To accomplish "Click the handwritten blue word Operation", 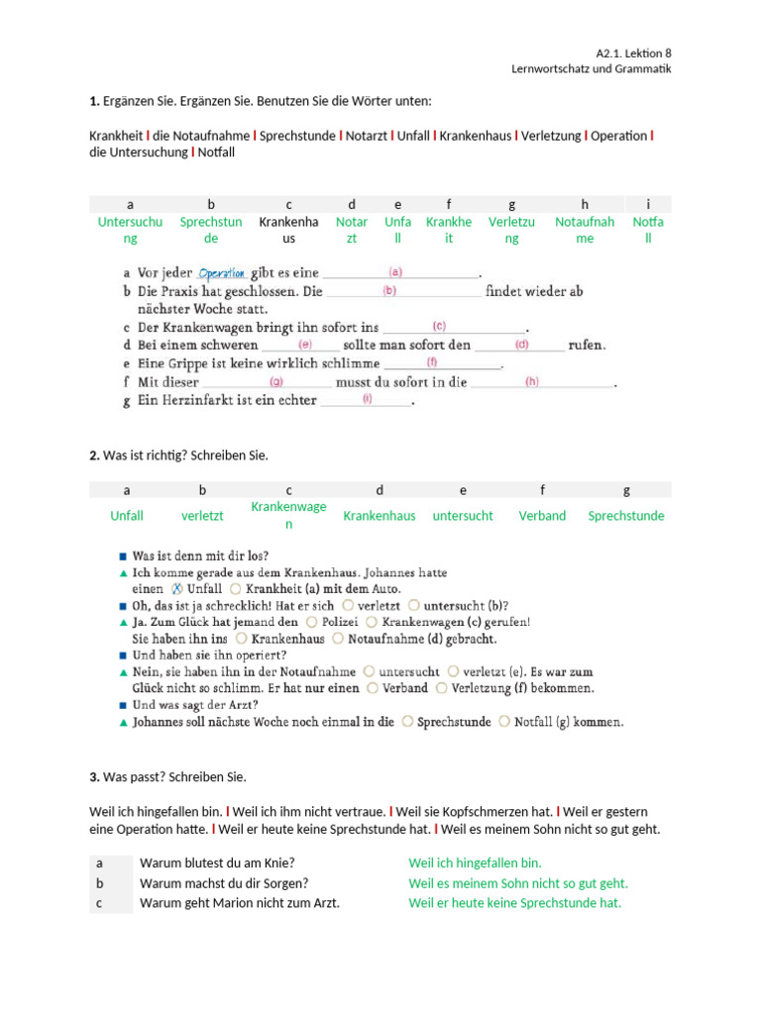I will [x=221, y=273].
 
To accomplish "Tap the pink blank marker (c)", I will [x=438, y=326].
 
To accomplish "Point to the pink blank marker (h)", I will [x=531, y=381].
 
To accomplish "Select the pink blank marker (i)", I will [x=367, y=399].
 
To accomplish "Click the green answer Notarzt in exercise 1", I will [x=352, y=230].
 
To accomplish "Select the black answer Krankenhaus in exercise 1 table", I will [x=288, y=230].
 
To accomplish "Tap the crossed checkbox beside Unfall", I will [x=178, y=587].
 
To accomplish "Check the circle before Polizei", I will [x=312, y=622].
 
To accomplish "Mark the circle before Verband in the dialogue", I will [x=372, y=687].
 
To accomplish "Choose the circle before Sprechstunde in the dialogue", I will [x=407, y=722].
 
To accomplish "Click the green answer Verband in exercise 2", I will [x=542, y=516].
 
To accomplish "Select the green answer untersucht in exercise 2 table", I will [x=463, y=516].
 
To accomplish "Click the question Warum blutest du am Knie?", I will [x=217, y=862].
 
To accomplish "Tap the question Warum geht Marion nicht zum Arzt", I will [x=239, y=902].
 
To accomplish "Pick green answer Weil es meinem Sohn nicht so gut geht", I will [x=517, y=882].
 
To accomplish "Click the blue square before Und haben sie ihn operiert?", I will [x=123, y=655].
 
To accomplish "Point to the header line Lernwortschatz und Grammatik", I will [x=591, y=68].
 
